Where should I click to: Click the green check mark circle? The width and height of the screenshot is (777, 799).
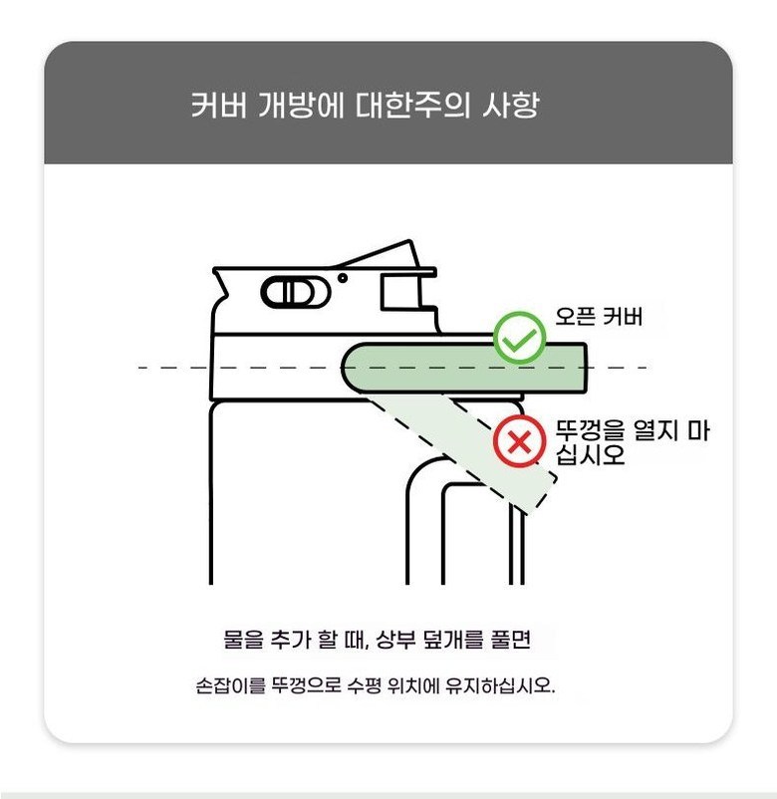519,338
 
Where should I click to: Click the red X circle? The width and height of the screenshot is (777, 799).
519,441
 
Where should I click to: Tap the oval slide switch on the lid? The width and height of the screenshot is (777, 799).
296,292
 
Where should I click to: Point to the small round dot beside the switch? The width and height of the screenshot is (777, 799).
343,278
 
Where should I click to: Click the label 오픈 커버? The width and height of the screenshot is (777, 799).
599,317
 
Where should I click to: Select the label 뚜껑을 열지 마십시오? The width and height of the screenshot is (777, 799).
632,442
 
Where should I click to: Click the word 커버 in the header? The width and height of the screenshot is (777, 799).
219,105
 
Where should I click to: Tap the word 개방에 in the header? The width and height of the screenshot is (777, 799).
301,105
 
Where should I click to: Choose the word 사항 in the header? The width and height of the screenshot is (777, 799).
510,105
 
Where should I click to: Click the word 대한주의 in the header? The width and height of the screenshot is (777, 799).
412,105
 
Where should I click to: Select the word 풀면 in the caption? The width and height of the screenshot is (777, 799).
511,639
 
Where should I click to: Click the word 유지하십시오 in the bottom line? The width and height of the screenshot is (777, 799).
500,685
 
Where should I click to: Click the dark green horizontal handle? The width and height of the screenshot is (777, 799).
463,369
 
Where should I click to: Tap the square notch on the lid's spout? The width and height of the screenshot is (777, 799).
400,292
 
